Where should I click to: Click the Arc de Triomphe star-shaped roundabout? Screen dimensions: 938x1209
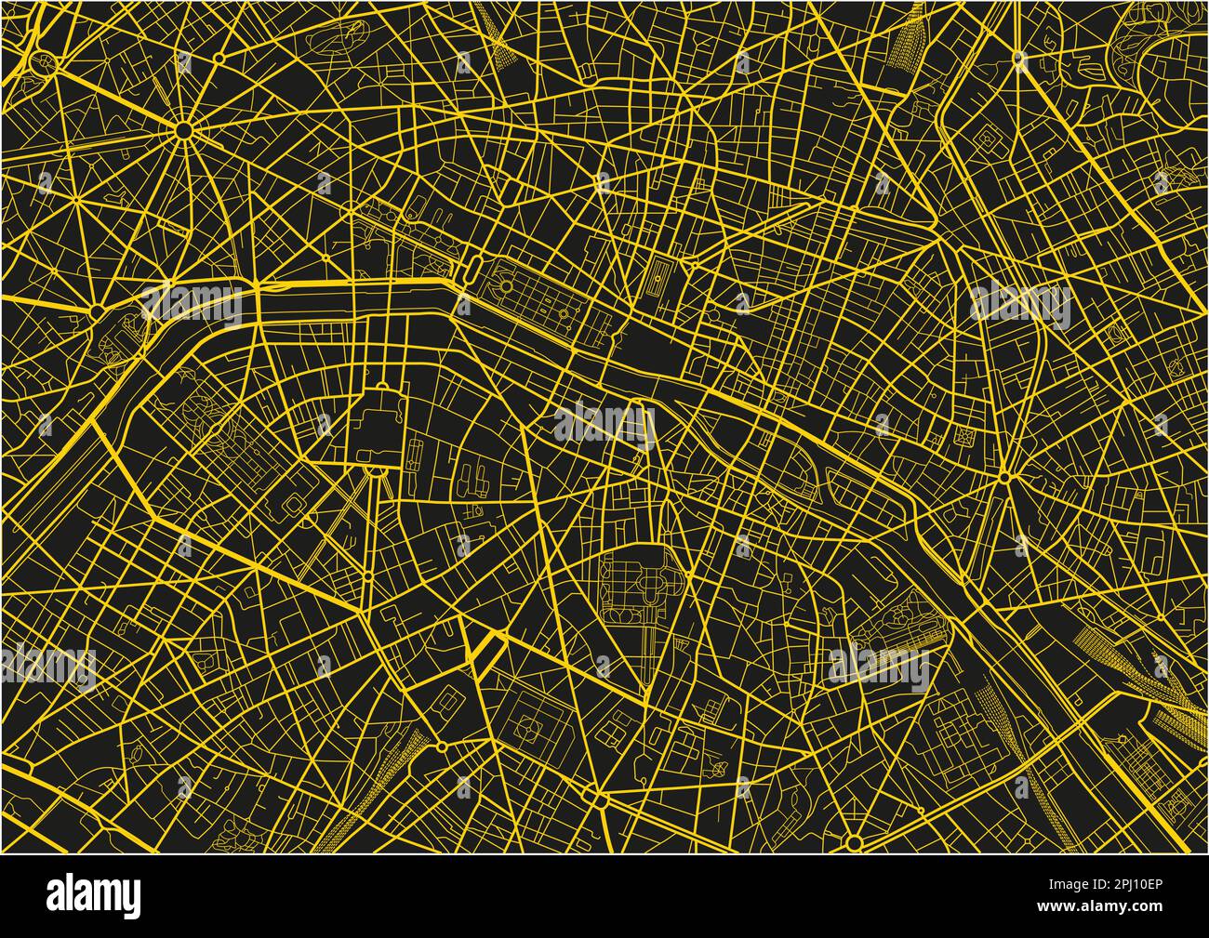[184, 130]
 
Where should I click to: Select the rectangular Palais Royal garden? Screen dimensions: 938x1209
[661, 277]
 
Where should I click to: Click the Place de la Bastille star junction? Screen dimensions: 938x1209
[1004, 478]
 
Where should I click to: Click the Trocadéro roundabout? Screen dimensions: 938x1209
[97, 306]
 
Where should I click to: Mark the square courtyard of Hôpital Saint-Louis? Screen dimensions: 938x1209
[986, 139]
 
